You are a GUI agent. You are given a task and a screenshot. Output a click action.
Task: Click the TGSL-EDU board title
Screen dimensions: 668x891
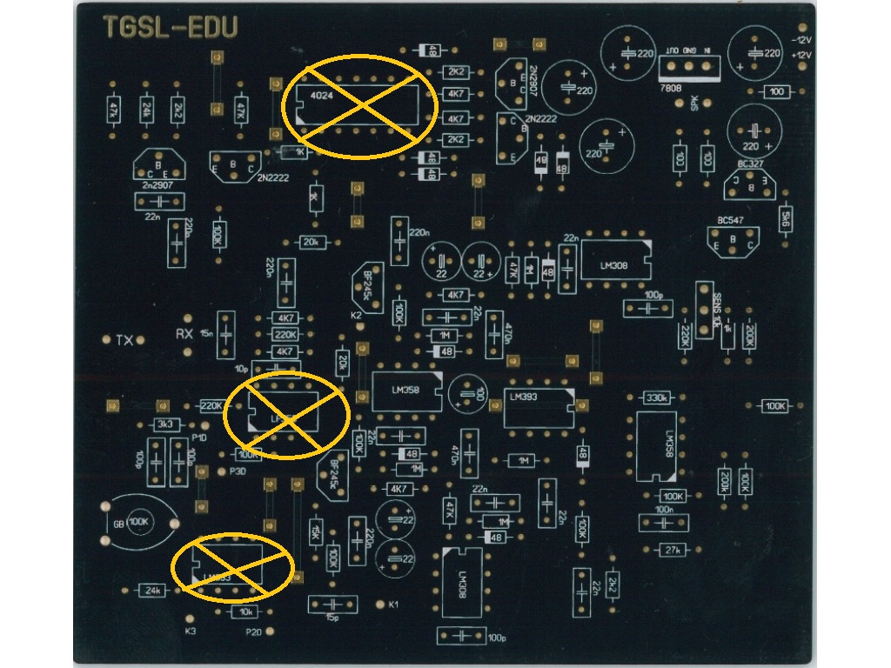pos(170,28)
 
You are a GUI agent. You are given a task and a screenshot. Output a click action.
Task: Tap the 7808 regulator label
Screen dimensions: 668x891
pos(671,89)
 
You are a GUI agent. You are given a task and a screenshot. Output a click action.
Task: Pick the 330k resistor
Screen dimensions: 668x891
pos(657,398)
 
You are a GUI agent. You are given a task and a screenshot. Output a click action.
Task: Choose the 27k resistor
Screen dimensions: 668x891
pos(671,550)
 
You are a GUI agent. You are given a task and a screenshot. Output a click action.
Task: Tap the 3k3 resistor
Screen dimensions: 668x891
pos(164,424)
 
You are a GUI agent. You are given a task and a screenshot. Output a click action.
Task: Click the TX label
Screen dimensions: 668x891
pos(124,340)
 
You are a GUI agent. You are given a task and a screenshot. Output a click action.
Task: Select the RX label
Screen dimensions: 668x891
pos(184,333)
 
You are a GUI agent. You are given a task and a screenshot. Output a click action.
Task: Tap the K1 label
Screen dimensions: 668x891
pos(393,605)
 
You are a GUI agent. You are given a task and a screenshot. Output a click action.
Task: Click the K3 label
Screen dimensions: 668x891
pos(191,631)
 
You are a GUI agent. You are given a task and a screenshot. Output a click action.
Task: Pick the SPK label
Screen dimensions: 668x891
pos(694,103)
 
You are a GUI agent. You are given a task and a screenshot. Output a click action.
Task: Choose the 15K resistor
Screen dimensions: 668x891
pos(315,530)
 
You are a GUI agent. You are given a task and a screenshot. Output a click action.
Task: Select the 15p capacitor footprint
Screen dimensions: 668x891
pos(332,604)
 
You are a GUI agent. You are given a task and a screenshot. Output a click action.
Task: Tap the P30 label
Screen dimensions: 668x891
pos(238,471)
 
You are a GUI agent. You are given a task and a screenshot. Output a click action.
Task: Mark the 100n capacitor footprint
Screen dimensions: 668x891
pos(665,522)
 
